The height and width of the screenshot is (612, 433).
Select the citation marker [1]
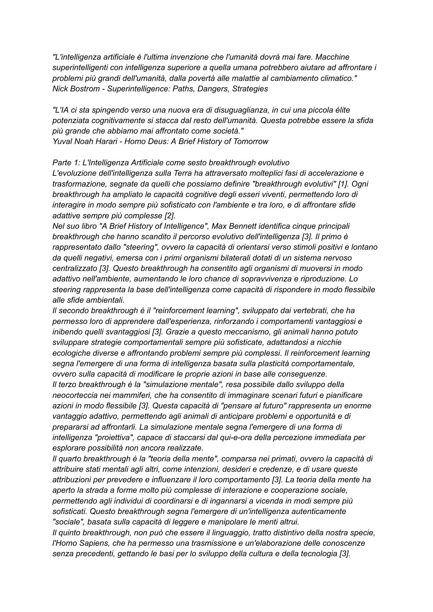(343, 184)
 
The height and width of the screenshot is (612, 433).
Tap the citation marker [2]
(169, 216)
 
